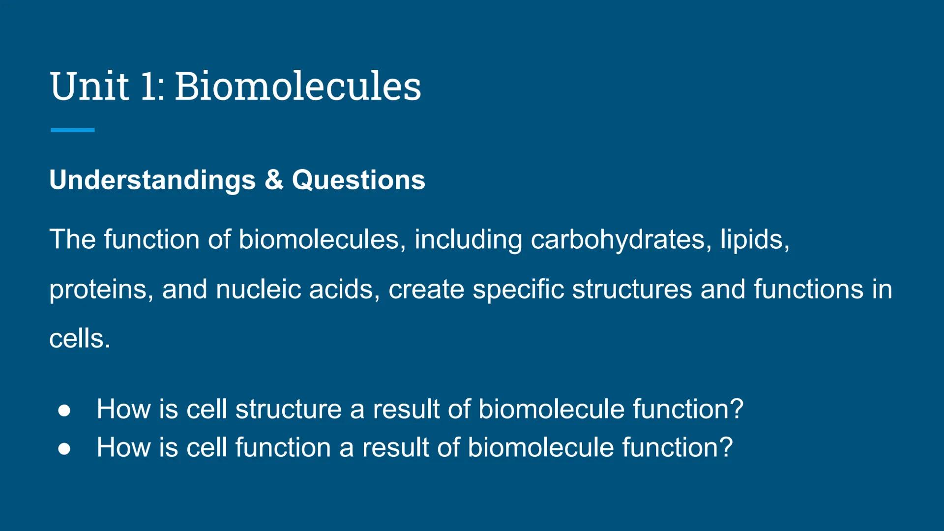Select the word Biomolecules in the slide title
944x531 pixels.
coord(298,87)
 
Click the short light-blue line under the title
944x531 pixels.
coord(72,130)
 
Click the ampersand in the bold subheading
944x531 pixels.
coord(274,180)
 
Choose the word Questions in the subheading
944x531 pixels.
coord(358,180)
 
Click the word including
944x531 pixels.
coord(468,240)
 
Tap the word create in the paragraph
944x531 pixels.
coord(426,289)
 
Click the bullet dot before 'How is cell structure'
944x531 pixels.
coord(64,410)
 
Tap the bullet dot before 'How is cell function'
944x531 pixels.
coord(64,448)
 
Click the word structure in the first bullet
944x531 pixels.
coord(288,409)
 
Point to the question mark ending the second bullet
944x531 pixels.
coord(726,447)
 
